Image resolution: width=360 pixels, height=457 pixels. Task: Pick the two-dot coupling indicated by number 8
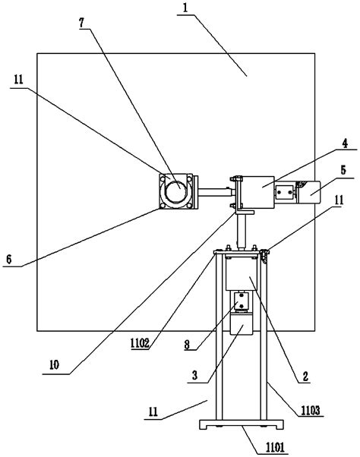coord(241,303)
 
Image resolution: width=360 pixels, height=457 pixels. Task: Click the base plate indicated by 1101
coord(238,425)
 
